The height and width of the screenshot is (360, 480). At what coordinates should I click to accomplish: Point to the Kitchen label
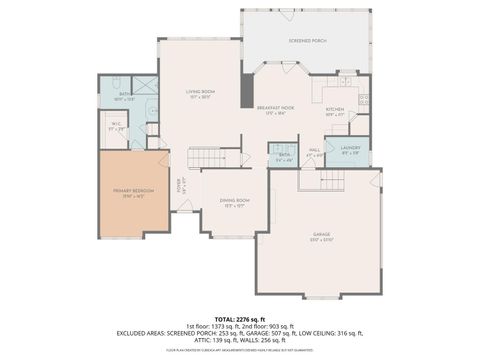click(x=334, y=110)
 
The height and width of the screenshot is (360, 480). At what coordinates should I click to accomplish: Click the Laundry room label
click(x=350, y=151)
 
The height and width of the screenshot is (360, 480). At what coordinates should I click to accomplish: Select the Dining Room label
click(x=235, y=202)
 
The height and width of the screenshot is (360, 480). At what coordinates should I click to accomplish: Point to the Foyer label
click(x=181, y=185)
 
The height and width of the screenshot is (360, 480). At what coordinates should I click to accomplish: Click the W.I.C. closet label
click(x=116, y=127)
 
